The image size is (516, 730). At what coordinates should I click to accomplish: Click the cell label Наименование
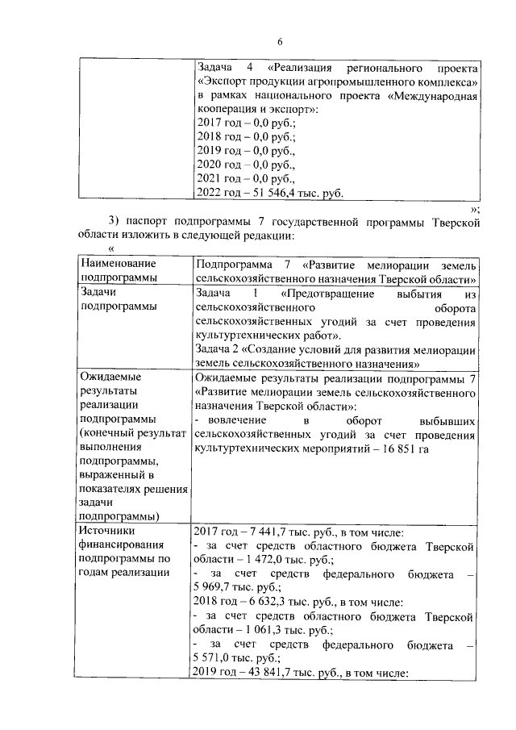tap(118, 265)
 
